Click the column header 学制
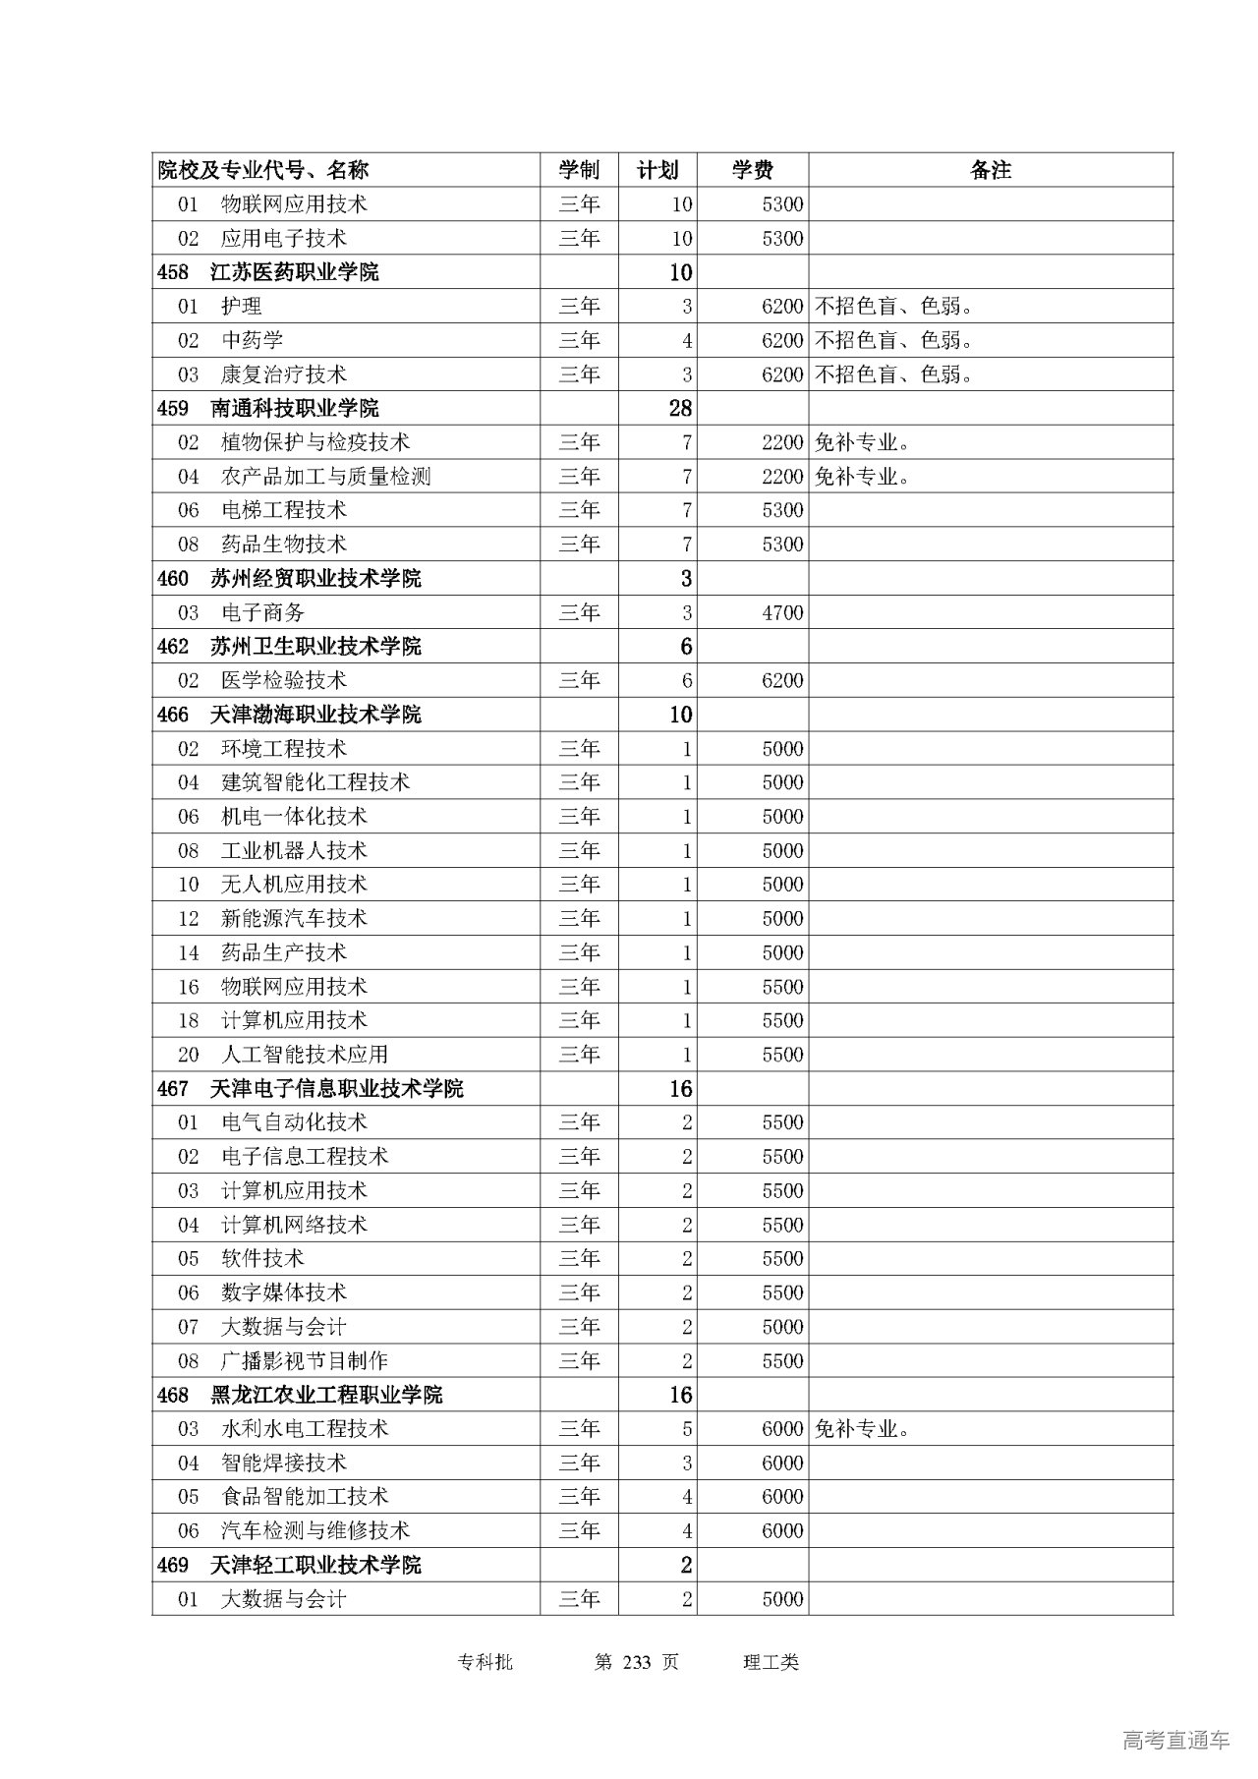579,170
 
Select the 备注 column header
990,170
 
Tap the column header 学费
752,170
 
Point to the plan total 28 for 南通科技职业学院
680,409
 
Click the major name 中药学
252,340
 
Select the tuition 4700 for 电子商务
782,613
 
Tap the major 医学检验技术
284,681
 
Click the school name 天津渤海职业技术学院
315,715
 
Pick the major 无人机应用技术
294,885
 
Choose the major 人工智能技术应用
305,1055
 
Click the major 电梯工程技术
284,510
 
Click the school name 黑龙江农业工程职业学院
326,1395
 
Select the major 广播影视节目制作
305,1361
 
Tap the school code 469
173,1565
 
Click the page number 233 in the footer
638,1662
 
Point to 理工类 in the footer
772,1662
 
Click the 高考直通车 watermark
1175,1740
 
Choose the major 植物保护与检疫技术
315,442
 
